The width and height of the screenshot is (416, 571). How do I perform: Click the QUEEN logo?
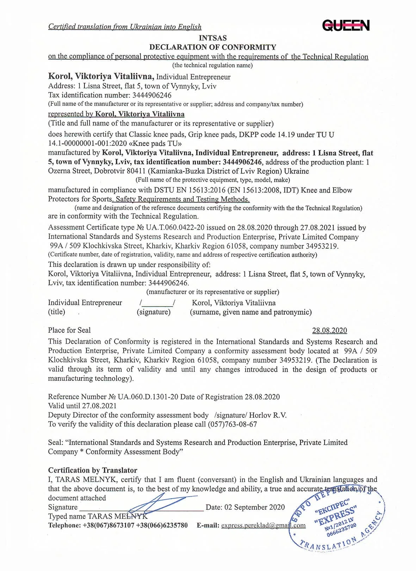[346, 25]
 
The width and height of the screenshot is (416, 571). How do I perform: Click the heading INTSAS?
[212, 38]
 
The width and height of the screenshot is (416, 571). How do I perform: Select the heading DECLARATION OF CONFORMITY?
[212, 47]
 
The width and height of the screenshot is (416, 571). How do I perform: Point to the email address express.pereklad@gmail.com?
[263, 525]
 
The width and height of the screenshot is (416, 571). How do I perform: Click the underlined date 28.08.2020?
[329, 331]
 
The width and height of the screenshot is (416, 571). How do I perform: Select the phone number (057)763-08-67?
[232, 424]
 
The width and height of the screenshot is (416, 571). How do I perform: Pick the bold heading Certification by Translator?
[93, 470]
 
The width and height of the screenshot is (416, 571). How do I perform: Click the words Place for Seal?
[69, 330]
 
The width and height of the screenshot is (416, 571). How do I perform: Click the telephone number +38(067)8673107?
[108, 525]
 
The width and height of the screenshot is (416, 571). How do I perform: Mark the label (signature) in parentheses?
[154, 312]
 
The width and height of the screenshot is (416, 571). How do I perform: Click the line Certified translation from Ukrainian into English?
[125, 27]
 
